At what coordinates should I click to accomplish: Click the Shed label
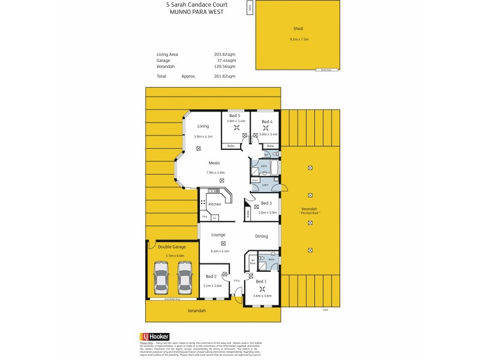click(x=298, y=29)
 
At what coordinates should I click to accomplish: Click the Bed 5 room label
click(x=235, y=115)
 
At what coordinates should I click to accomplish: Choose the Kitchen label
click(x=214, y=204)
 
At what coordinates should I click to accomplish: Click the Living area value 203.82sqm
click(x=224, y=54)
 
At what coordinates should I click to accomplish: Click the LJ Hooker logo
click(x=154, y=337)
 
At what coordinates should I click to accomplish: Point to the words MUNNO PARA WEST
click(x=191, y=11)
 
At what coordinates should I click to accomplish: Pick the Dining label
click(x=262, y=236)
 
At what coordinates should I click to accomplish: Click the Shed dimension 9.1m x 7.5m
click(x=298, y=40)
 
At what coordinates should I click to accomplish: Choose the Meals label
click(x=214, y=163)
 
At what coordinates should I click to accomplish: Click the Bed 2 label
click(x=211, y=277)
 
